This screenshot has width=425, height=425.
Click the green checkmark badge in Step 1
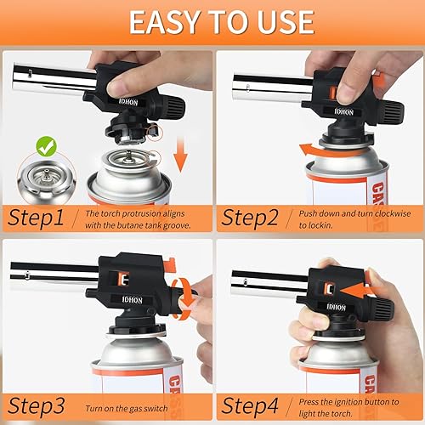click(47, 146)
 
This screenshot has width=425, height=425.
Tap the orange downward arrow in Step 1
click(180, 155)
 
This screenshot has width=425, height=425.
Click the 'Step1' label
click(36, 218)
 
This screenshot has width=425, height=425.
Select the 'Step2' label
click(250, 218)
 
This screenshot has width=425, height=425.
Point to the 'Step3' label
click(37, 405)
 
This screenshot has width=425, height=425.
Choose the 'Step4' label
click(250, 405)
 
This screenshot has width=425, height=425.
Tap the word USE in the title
click(286, 22)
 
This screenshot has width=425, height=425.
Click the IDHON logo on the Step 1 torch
click(128, 102)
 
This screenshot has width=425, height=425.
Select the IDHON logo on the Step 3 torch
click(132, 300)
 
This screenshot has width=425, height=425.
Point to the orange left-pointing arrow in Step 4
click(358, 292)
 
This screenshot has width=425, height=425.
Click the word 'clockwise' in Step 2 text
click(393, 213)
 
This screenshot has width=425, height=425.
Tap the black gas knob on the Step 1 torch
click(175, 106)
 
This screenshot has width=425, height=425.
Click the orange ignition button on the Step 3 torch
click(123, 279)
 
